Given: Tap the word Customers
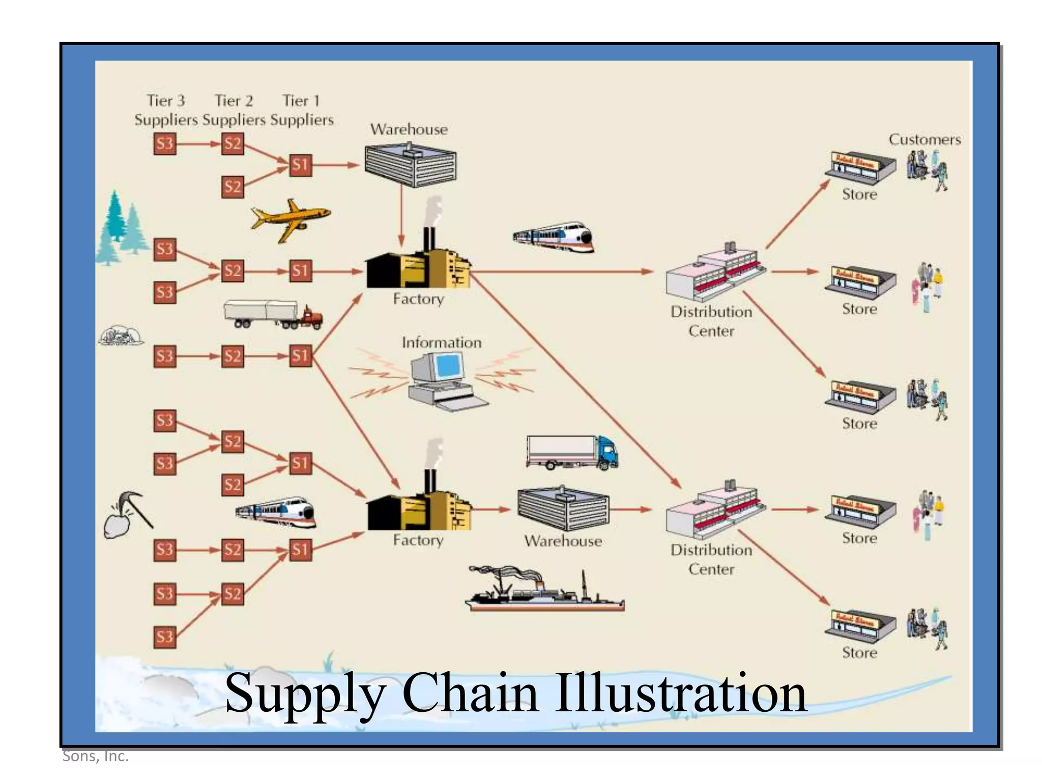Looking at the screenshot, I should pos(924,139).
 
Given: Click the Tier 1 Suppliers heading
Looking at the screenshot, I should pos(302,110).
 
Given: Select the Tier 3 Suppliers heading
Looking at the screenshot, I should pos(166,110).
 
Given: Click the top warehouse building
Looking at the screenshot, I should pos(410,165).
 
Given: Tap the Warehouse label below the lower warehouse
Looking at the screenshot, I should pos(563,541).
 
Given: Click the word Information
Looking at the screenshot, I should pos(441,343).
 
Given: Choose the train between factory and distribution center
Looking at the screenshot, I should pos(554,237).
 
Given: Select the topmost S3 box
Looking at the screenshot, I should pos(165,144).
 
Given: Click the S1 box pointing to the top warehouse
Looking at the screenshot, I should pos(300,165).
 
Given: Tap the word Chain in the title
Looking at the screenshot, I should pos(470,693).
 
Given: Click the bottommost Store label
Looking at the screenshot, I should pos(859,653).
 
